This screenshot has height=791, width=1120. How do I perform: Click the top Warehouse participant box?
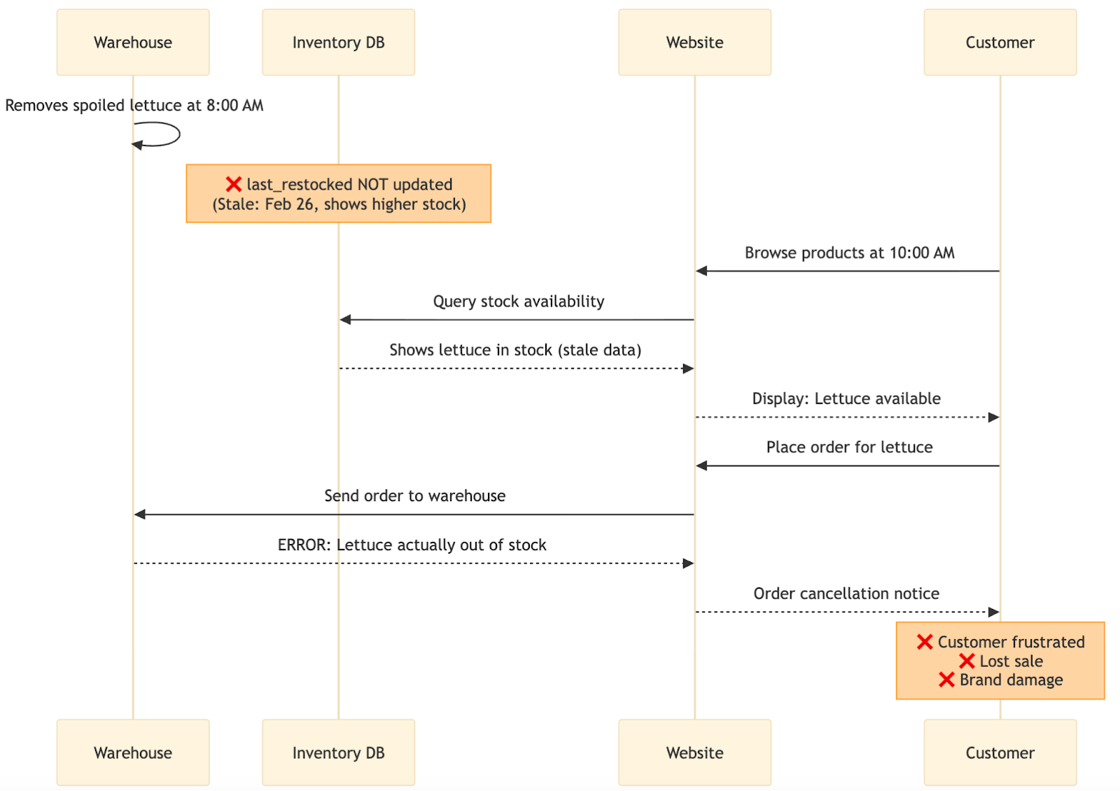click(133, 42)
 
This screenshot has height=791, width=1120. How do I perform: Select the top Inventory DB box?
click(338, 42)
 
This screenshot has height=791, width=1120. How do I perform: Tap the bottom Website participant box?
click(694, 752)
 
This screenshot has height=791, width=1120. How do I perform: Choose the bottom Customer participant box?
click(1000, 752)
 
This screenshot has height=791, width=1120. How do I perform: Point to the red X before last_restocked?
click(234, 184)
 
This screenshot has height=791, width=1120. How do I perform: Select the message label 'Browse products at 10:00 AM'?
click(849, 253)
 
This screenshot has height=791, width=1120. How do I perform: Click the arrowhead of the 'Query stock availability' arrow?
click(345, 320)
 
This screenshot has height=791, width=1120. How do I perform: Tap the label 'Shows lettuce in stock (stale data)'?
click(515, 350)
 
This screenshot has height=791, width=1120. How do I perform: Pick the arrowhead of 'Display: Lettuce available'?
click(993, 417)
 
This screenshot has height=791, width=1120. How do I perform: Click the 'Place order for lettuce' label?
click(849, 447)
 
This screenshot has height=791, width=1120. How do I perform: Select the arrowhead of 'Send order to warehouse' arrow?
click(140, 514)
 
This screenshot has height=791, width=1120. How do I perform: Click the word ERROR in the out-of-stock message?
click(303, 545)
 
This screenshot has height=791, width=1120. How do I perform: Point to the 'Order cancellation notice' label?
click(846, 594)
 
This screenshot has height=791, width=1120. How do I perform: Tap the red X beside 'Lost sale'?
click(967, 661)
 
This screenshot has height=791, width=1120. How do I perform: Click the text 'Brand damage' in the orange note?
click(1011, 680)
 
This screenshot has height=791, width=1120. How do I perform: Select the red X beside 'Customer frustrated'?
click(925, 642)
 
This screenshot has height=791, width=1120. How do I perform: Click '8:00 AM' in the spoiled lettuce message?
click(234, 106)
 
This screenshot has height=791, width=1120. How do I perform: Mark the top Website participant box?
click(694, 42)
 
